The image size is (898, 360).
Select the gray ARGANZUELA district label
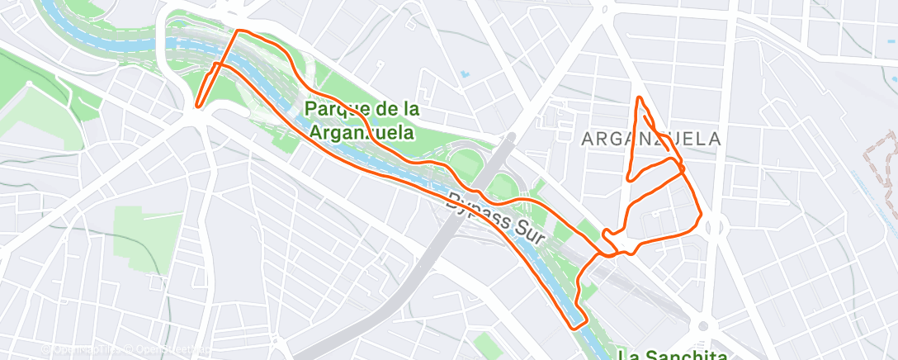(x=651, y=139)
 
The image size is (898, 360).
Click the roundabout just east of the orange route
(x=714, y=227)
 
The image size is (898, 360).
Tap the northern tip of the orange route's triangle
(x=639, y=98)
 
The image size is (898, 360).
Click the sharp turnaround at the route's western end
(x=197, y=104)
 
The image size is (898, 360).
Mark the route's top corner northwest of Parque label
(x=239, y=31)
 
